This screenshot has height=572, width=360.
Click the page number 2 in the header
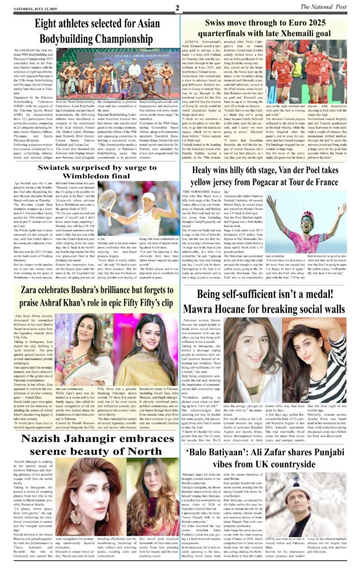click(x=177, y=8)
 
